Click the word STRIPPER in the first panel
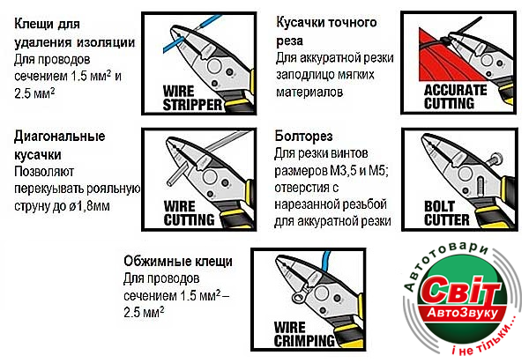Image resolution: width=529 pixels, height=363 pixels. coord(192,105)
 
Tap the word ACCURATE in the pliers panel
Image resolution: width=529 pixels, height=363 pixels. coord(456,91)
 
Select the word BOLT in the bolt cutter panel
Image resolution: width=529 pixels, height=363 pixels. coord(439,206)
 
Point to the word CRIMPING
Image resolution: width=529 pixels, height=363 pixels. coord(304,340)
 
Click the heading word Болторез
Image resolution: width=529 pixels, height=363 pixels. coord(303,137)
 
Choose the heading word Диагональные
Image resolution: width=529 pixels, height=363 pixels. coord(60,137)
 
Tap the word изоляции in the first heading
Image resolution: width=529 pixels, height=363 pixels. coord(106,42)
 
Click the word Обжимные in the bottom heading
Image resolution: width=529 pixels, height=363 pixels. coord(153,261)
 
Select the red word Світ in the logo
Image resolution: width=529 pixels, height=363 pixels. coord(460,291)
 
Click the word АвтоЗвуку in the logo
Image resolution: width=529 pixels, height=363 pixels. coord(463,313)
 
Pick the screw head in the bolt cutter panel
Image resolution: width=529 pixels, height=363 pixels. coord(495,158)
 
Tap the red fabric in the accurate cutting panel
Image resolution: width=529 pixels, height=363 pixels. coord(438,59)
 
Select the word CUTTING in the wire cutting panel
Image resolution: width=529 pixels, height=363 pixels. coord(189,219)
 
